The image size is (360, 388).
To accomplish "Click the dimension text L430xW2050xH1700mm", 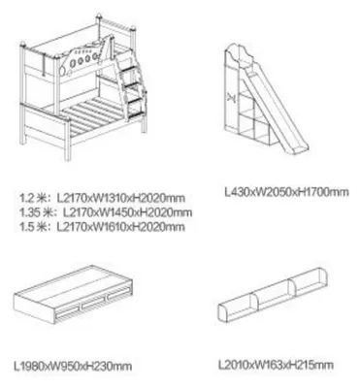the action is point(287,192).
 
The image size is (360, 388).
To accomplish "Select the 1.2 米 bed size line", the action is point(102,198).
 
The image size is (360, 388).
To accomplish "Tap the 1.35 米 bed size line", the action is point(106,212).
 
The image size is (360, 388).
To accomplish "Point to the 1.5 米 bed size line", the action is point(102,227).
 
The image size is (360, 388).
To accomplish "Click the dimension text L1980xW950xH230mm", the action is point(73,366).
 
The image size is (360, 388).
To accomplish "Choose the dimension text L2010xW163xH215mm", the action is point(276,365).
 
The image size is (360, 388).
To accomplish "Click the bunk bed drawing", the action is point(83,87).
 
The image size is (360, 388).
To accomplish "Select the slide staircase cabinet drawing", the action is point(267,100).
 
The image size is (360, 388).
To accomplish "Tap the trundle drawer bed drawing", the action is point(74,294).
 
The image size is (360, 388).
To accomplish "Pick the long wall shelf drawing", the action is point(273,295).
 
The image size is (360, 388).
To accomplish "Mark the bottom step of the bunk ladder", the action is point(135,104).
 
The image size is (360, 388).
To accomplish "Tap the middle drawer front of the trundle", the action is point(93,305).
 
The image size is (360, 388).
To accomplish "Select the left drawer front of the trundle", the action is point(68,313).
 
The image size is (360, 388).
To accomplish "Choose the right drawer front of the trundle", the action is point(118,296).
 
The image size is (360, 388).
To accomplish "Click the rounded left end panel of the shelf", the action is point(223,312).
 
